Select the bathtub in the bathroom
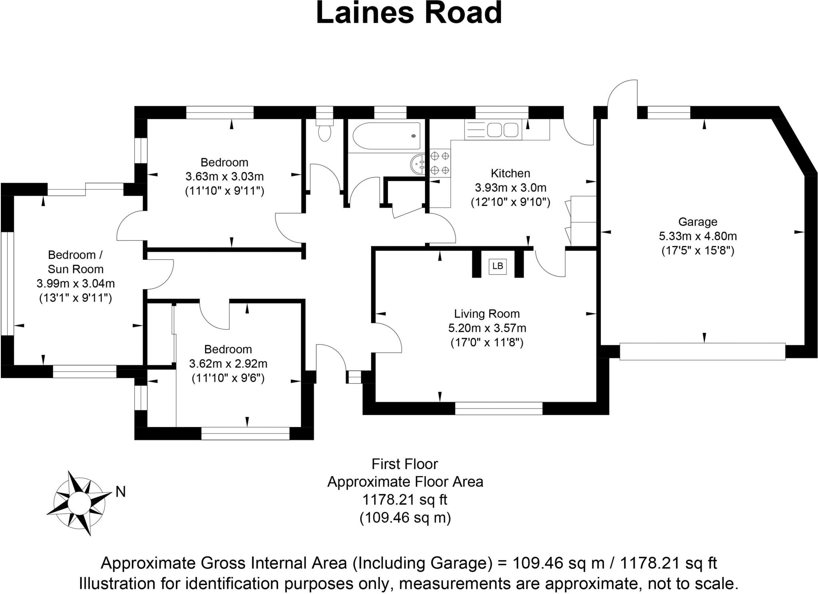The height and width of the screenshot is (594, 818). point(387,136)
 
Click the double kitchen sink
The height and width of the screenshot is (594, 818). point(502,130)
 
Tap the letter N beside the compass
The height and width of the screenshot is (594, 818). point(120,492)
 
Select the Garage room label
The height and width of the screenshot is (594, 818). point(697,222)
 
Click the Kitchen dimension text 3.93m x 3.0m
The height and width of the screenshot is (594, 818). point(510,188)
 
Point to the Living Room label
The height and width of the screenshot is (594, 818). point(486,314)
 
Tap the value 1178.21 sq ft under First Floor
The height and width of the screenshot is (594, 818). point(405,500)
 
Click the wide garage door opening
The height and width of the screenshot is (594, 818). point(702,352)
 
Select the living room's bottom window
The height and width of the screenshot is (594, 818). point(498,408)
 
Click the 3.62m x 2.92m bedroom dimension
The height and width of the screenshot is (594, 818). point(228,364)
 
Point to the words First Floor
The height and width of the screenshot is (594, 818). point(405,464)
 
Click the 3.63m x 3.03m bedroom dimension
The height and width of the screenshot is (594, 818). point(224,176)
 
